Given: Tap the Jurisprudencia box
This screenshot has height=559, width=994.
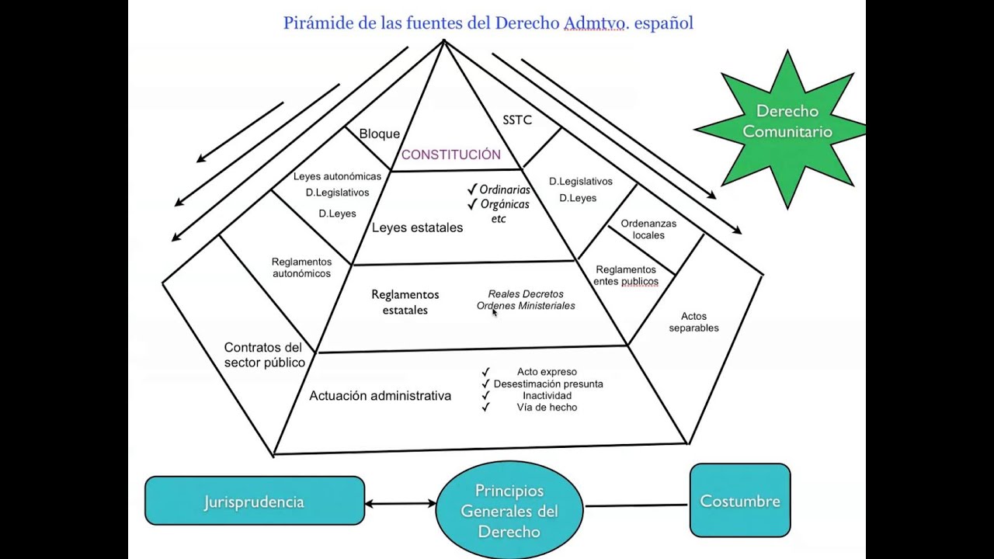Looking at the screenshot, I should pyautogui.click(x=254, y=502).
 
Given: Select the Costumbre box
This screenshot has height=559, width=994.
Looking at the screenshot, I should pyautogui.click(x=740, y=501).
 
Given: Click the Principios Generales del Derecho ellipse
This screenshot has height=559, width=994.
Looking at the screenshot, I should pyautogui.click(x=509, y=511).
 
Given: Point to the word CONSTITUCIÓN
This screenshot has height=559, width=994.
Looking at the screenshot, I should pyautogui.click(x=450, y=155).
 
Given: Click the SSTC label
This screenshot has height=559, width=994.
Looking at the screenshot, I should pyautogui.click(x=517, y=120).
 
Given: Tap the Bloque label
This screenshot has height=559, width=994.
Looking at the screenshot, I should pyautogui.click(x=379, y=134).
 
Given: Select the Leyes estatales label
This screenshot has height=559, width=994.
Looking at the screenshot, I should pyautogui.click(x=417, y=227).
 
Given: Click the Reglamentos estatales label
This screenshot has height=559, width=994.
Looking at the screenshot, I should pyautogui.click(x=405, y=302).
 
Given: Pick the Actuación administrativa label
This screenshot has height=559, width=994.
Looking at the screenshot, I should pyautogui.click(x=380, y=396).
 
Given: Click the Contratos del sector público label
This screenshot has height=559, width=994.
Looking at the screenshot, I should pyautogui.click(x=264, y=355).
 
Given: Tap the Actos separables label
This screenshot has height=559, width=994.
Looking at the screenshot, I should pyautogui.click(x=693, y=322).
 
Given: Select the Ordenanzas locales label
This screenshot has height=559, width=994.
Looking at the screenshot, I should pyautogui.click(x=648, y=229).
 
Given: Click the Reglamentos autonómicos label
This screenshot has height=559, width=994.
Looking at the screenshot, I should pyautogui.click(x=301, y=268).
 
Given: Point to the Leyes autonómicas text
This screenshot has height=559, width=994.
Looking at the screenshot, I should pyautogui.click(x=337, y=176).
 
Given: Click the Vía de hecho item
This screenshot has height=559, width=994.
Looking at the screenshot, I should pyautogui.click(x=547, y=408).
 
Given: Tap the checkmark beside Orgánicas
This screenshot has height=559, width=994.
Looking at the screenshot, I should pyautogui.click(x=471, y=204).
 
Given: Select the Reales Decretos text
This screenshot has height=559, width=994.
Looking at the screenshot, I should pyautogui.click(x=526, y=294).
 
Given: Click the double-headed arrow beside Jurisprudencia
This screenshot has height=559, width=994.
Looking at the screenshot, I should pyautogui.click(x=400, y=504).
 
